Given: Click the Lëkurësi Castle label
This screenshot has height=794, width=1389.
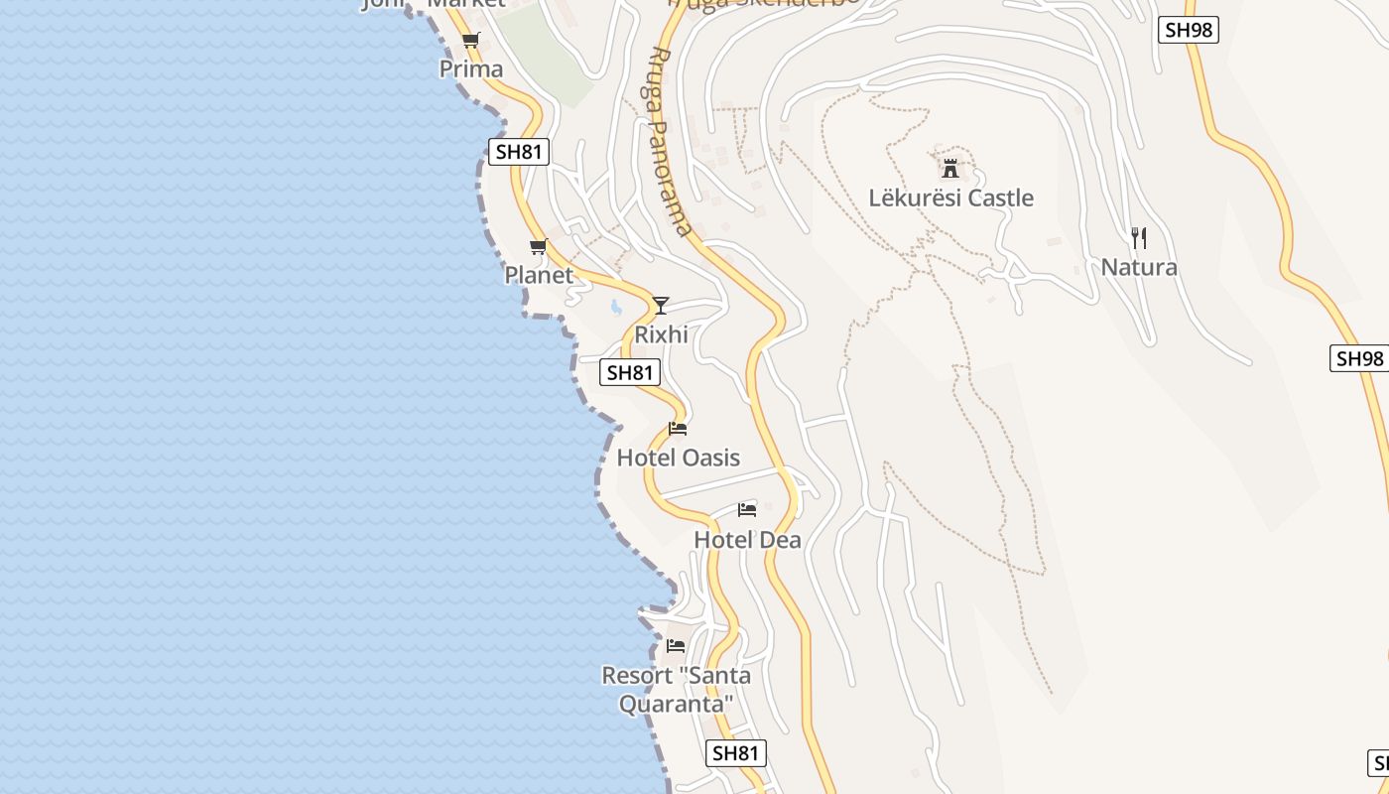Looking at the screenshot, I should [950, 198].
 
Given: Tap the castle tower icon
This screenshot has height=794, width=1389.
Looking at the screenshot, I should [950, 168].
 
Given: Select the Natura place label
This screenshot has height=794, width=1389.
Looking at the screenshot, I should [1139, 267].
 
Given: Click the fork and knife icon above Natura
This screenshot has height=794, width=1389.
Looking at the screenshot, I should [1139, 237].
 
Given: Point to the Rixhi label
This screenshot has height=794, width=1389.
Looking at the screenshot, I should [661, 334].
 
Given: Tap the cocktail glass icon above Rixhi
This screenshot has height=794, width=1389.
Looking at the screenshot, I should [661, 305].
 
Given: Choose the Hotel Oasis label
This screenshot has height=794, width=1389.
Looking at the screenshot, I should [679, 458].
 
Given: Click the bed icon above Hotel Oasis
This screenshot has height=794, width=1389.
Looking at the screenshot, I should [679, 428].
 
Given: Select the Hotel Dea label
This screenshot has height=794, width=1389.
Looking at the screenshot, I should [747, 540].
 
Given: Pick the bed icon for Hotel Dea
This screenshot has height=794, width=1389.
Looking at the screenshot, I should [747, 509].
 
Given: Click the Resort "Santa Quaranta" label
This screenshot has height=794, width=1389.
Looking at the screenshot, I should [676, 690].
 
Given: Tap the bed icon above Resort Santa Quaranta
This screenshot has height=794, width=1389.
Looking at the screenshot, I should [676, 645].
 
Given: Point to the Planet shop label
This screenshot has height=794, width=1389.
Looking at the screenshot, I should [539, 275].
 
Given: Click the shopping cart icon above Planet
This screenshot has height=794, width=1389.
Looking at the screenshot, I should [539, 246].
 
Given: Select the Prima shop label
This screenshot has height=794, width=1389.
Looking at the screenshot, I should [471, 69].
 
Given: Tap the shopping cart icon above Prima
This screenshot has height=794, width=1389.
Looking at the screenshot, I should [471, 41].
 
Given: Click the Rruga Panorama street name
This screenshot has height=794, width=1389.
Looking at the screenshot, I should [671, 141].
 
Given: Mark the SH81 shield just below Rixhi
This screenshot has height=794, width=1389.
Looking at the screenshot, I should [630, 372].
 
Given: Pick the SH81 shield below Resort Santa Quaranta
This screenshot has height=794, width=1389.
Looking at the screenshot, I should [736, 753].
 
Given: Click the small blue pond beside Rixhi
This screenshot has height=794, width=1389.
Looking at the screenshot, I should [616, 307].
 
